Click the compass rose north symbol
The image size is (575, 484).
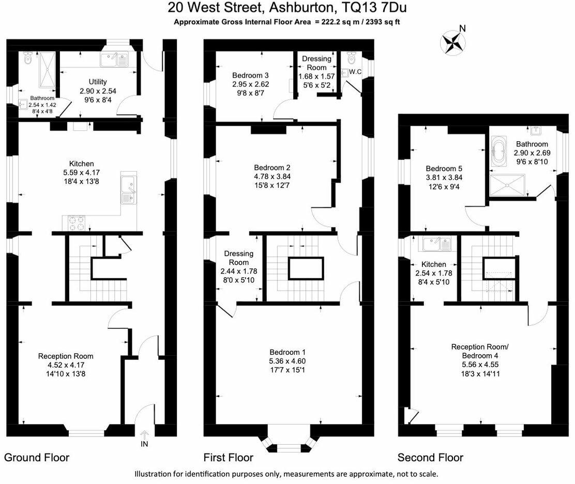pos(452,41)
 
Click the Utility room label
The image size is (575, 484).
pos(98,82)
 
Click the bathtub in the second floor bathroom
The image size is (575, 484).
pos(499,152)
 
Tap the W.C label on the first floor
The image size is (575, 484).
pos(355,71)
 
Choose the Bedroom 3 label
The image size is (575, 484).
pos(251,74)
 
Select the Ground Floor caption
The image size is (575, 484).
pos(37,458)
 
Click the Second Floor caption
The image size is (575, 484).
pos(430,458)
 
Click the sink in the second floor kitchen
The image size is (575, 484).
pos(437,243)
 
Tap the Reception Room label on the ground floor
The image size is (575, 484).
pos(66,356)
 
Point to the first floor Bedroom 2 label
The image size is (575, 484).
pos(272,168)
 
